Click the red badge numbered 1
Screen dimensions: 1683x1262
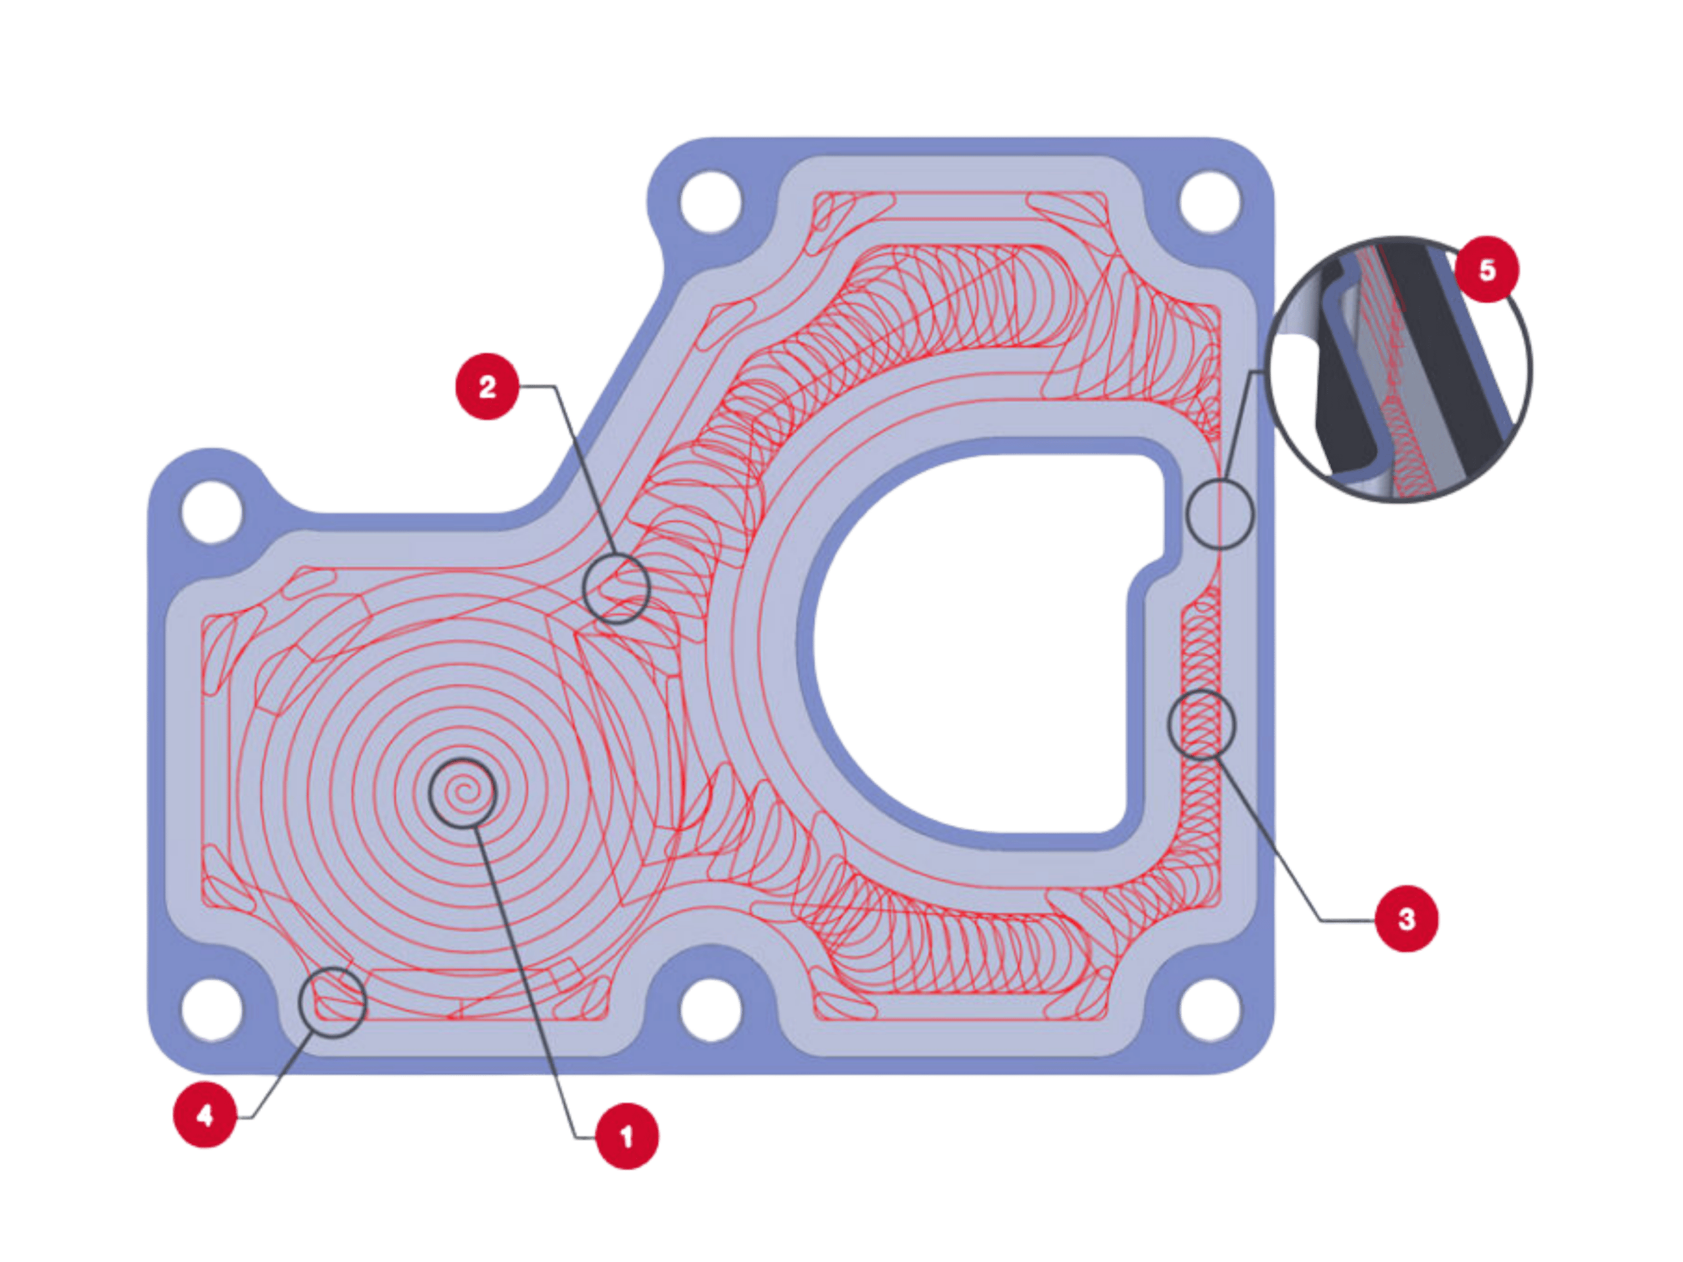[x=627, y=1136]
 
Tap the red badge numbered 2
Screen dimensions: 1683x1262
[x=487, y=386]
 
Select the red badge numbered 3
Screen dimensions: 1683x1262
[x=1406, y=919]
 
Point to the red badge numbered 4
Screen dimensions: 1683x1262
[x=204, y=1115]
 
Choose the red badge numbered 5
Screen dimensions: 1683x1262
[x=1486, y=269]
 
